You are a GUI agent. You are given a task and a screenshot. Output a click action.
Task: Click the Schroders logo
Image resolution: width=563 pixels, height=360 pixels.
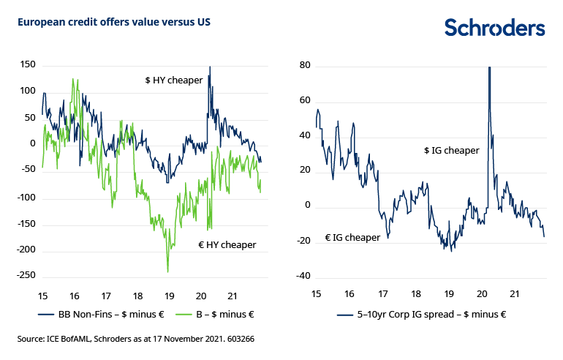point(495,28)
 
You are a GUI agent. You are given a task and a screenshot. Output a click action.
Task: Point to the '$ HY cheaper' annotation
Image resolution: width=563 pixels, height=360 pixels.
point(173,80)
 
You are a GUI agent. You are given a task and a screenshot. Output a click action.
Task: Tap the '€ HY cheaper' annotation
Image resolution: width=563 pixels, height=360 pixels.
point(227,244)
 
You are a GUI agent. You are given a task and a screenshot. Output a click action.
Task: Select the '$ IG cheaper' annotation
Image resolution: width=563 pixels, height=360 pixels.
point(451,150)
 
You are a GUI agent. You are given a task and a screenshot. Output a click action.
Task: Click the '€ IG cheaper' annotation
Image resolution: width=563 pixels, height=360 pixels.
point(352,237)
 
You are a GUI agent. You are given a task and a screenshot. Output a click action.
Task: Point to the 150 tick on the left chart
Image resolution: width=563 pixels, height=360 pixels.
point(28,65)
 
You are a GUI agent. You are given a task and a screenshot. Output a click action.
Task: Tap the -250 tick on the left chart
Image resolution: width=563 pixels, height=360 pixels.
point(26,275)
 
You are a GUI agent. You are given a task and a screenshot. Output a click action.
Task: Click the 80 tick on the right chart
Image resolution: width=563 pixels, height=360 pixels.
point(306,65)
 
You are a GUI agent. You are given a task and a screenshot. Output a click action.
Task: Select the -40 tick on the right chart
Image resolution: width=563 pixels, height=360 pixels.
point(303,276)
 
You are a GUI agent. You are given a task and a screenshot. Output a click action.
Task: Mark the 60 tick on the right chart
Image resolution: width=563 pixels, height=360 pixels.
point(306,100)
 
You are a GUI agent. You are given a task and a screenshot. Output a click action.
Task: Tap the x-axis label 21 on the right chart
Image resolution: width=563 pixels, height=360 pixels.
point(515,293)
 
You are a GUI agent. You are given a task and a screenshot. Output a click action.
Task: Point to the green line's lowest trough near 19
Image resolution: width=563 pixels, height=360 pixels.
point(167,272)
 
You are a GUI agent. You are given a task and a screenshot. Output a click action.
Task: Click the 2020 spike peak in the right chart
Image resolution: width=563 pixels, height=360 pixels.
point(488,68)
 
